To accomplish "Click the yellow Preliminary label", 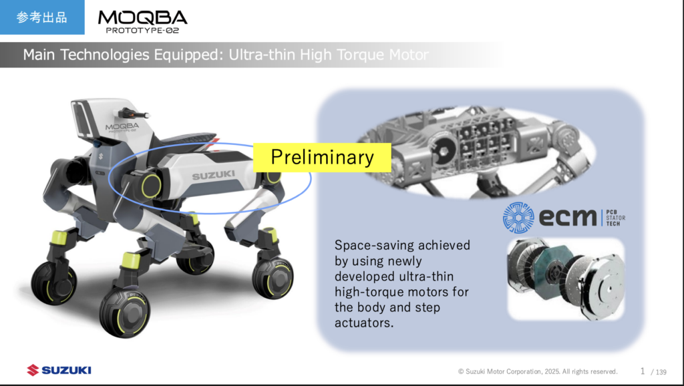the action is [322, 158].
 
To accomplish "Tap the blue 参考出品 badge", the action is [42, 17].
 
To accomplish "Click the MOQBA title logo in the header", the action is [143, 17].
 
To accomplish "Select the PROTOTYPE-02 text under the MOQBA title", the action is [143, 31].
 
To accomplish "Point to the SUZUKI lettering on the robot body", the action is [213, 176].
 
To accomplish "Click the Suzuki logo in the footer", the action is [59, 370].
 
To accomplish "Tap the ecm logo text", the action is [568, 217].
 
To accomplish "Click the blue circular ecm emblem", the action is [518, 217].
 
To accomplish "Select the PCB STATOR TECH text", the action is [615, 218].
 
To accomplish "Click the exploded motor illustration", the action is [566, 279].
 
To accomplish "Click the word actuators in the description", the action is [364, 323].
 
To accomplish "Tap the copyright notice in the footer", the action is [538, 371].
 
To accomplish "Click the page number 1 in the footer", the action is [643, 371].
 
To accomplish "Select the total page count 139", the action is [661, 372].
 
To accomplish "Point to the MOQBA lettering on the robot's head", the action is [122, 126].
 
